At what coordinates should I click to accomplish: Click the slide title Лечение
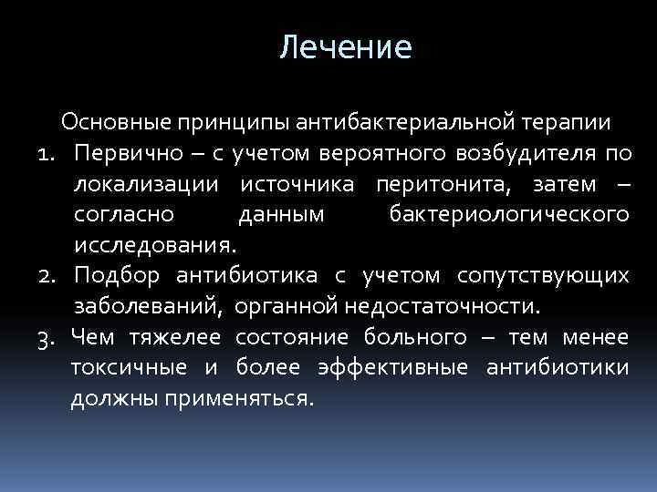click(x=346, y=46)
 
